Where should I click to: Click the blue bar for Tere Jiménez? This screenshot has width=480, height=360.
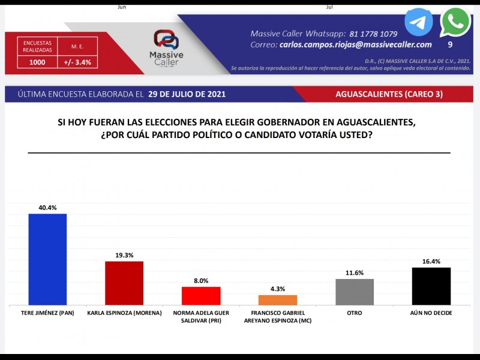click(x=47, y=259)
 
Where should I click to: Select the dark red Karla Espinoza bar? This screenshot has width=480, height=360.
click(x=124, y=283)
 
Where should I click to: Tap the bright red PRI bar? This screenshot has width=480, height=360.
click(x=201, y=296)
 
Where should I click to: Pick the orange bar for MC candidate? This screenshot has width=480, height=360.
click(x=278, y=300)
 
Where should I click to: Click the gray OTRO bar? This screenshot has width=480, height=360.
click(x=355, y=292)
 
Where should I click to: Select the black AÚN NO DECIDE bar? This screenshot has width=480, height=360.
click(x=431, y=286)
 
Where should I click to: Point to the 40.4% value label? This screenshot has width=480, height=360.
click(x=47, y=208)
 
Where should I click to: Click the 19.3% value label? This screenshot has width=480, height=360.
click(x=124, y=255)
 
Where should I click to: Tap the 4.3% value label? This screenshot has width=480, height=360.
click(x=278, y=289)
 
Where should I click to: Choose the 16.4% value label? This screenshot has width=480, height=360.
click(x=431, y=261)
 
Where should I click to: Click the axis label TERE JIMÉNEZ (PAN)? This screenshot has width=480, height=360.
click(x=47, y=313)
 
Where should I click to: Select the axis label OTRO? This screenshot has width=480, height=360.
click(x=355, y=313)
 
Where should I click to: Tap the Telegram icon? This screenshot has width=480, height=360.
click(x=418, y=22)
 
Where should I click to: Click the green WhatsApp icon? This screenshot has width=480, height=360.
click(x=455, y=22)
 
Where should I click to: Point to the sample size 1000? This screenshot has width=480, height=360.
click(x=37, y=62)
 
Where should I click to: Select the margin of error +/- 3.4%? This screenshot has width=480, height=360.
click(x=77, y=62)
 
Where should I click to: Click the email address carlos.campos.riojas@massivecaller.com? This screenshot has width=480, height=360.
click(x=355, y=45)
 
